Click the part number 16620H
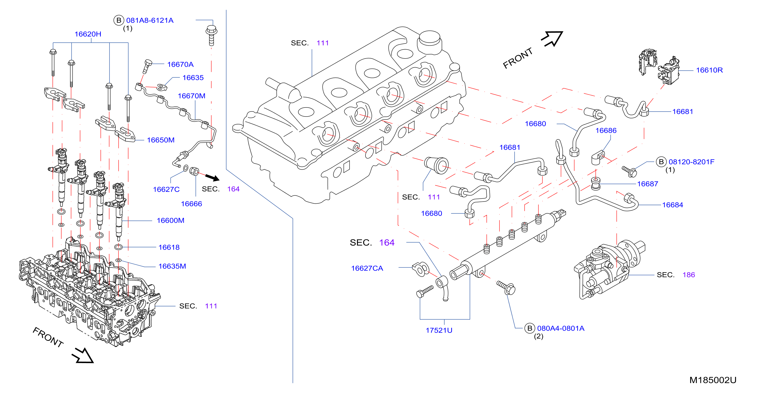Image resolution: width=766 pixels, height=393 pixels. (x=88, y=34)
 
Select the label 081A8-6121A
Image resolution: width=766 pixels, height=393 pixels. (x=150, y=20)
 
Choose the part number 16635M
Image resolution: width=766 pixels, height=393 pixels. (x=172, y=266)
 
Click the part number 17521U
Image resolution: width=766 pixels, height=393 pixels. (x=439, y=331)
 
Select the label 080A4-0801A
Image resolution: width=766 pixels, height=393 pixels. (x=560, y=328)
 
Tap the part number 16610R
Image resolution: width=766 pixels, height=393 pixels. (x=709, y=70)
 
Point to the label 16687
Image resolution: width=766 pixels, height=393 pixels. (x=647, y=184)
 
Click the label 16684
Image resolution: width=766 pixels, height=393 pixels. (x=672, y=205)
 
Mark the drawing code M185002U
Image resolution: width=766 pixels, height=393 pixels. (x=713, y=380)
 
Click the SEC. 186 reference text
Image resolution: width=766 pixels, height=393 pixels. (x=676, y=275)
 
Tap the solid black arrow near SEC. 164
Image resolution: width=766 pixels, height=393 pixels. (x=212, y=177)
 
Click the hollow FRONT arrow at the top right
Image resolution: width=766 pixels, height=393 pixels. (x=552, y=39)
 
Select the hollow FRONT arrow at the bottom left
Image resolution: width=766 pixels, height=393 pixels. (x=83, y=355)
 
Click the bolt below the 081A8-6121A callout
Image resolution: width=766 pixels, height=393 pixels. (x=211, y=35)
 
